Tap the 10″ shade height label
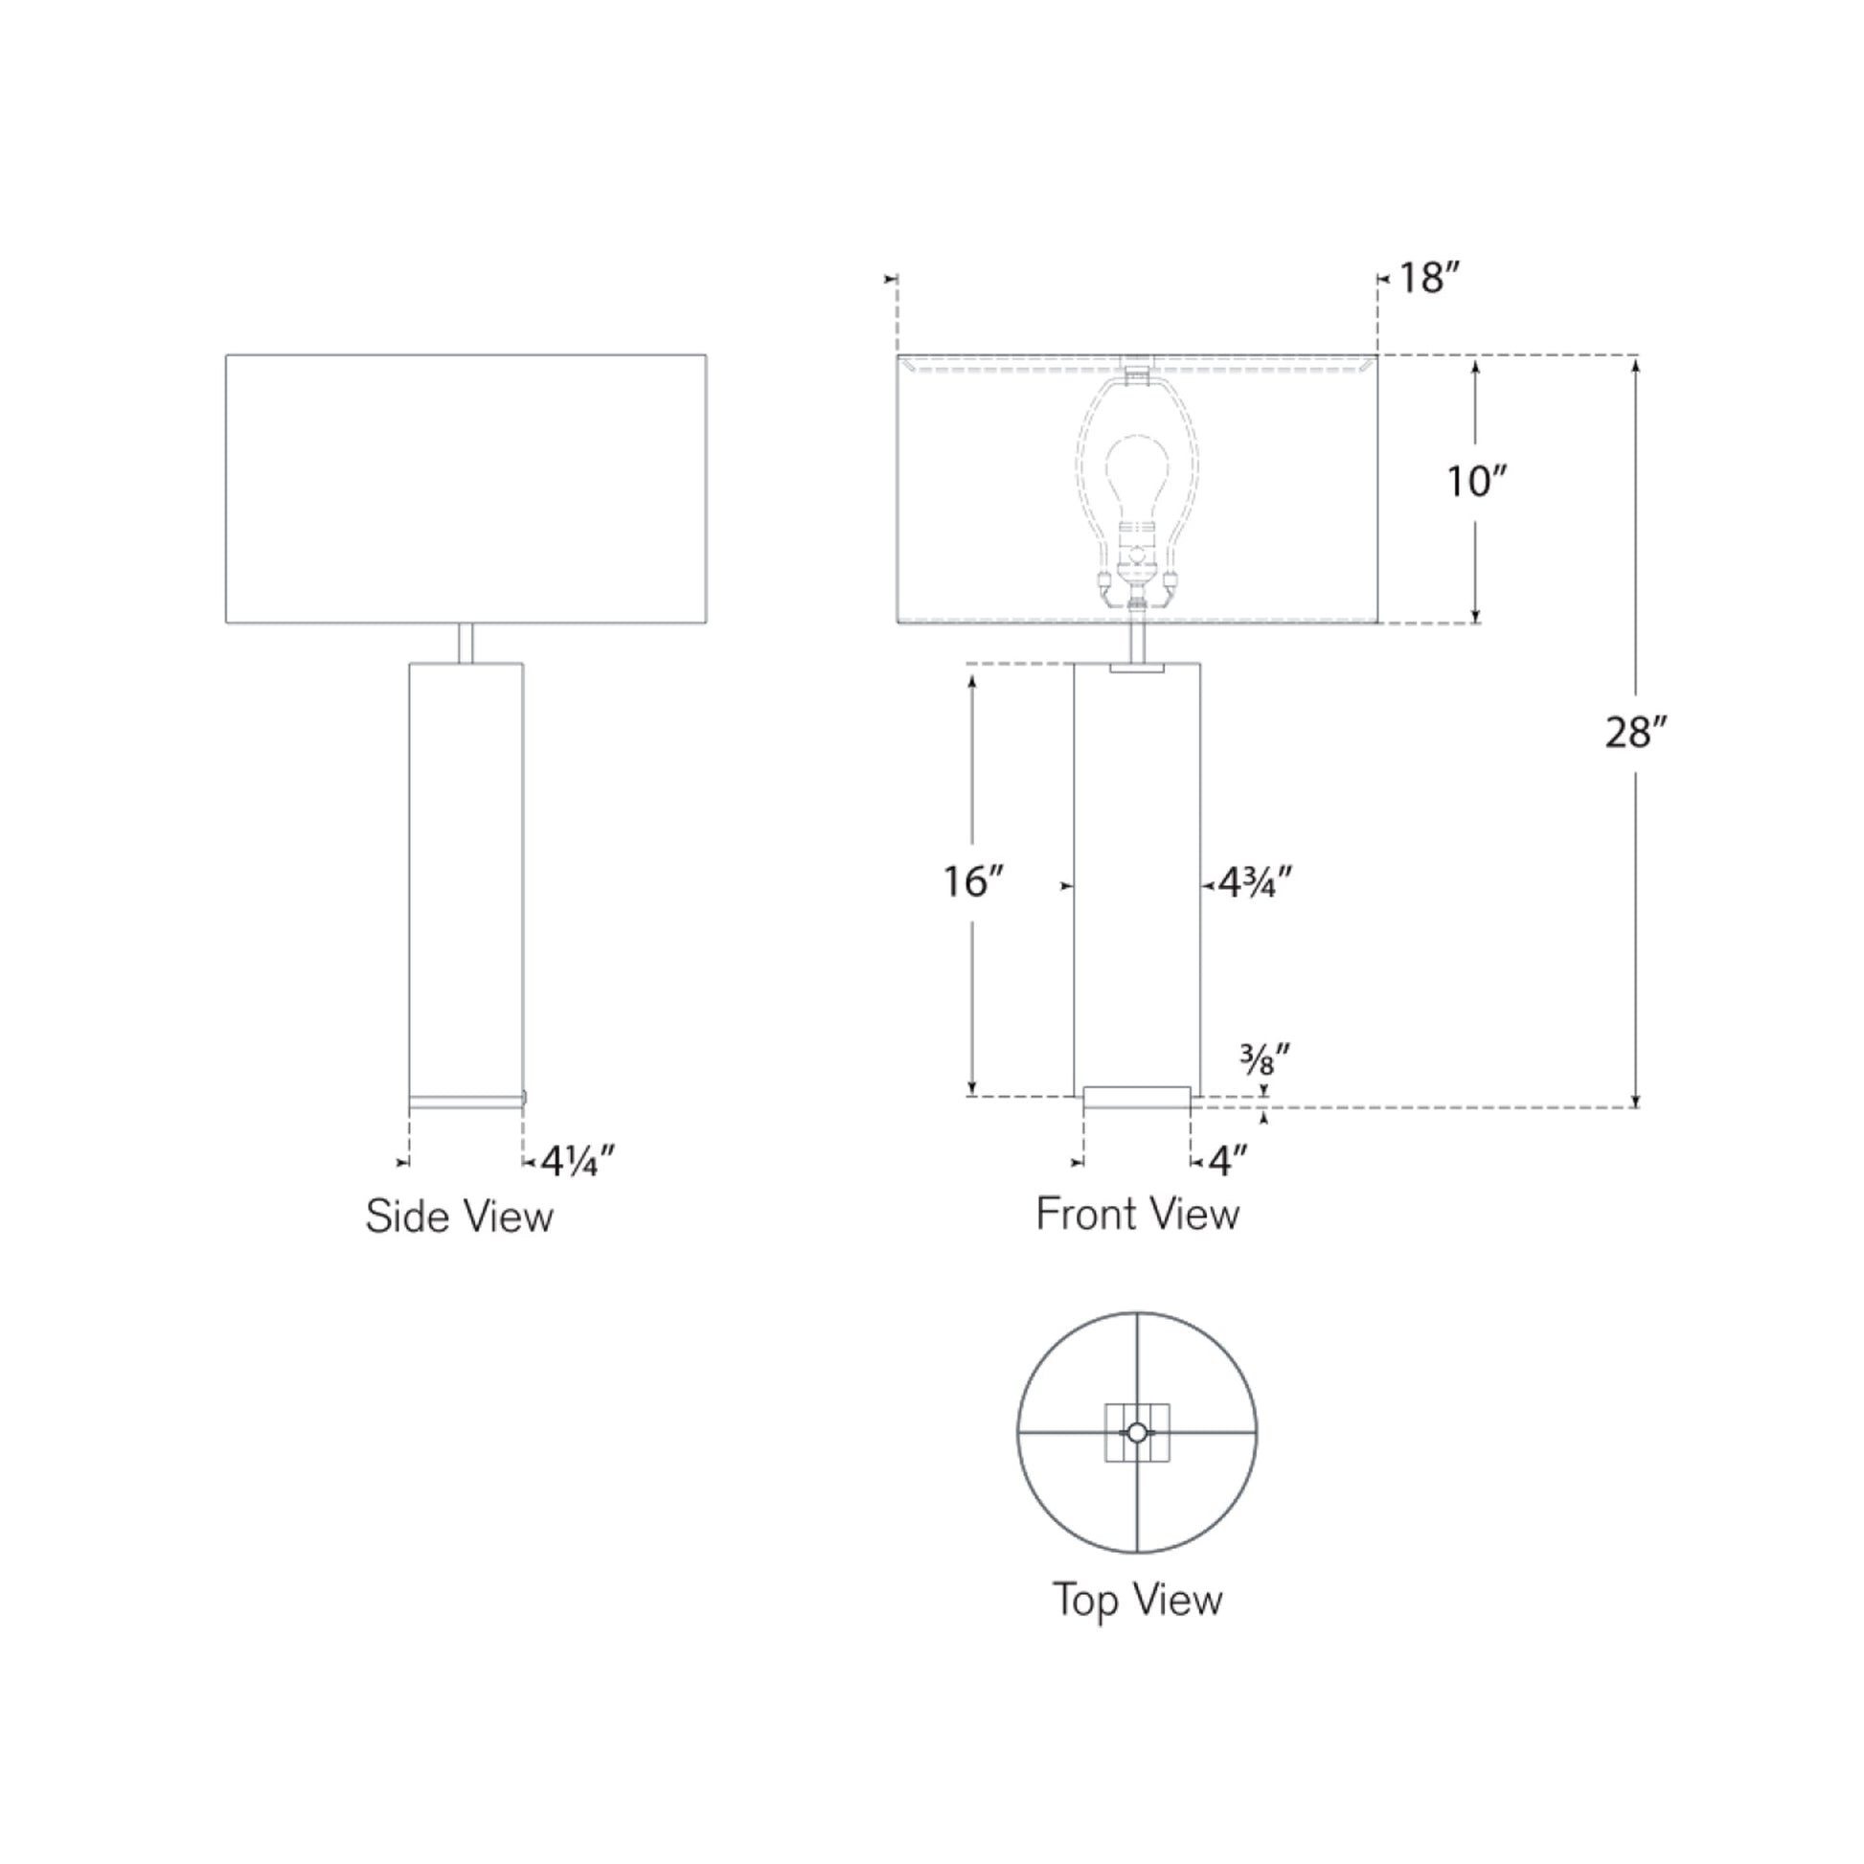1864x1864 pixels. pyautogui.click(x=1476, y=481)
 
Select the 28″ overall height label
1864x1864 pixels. pyautogui.click(x=1636, y=734)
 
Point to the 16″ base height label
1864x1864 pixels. pyautogui.click(x=973, y=881)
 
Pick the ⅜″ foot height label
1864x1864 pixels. pyautogui.click(x=1264, y=1062)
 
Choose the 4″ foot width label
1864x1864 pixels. pyautogui.click(x=1228, y=1163)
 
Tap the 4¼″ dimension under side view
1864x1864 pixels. pyautogui.click(x=577, y=1162)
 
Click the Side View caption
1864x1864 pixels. pyautogui.click(x=459, y=1216)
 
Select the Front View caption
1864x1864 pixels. pyautogui.click(x=1138, y=1214)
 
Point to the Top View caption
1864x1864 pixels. pyautogui.click(x=1138, y=1600)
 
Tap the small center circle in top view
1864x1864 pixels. pyautogui.click(x=1138, y=1433)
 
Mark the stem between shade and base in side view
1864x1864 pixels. pyautogui.click(x=465, y=643)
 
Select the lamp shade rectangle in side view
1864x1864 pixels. pyautogui.click(x=466, y=489)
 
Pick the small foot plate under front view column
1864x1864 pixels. pyautogui.click(x=1137, y=1097)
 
